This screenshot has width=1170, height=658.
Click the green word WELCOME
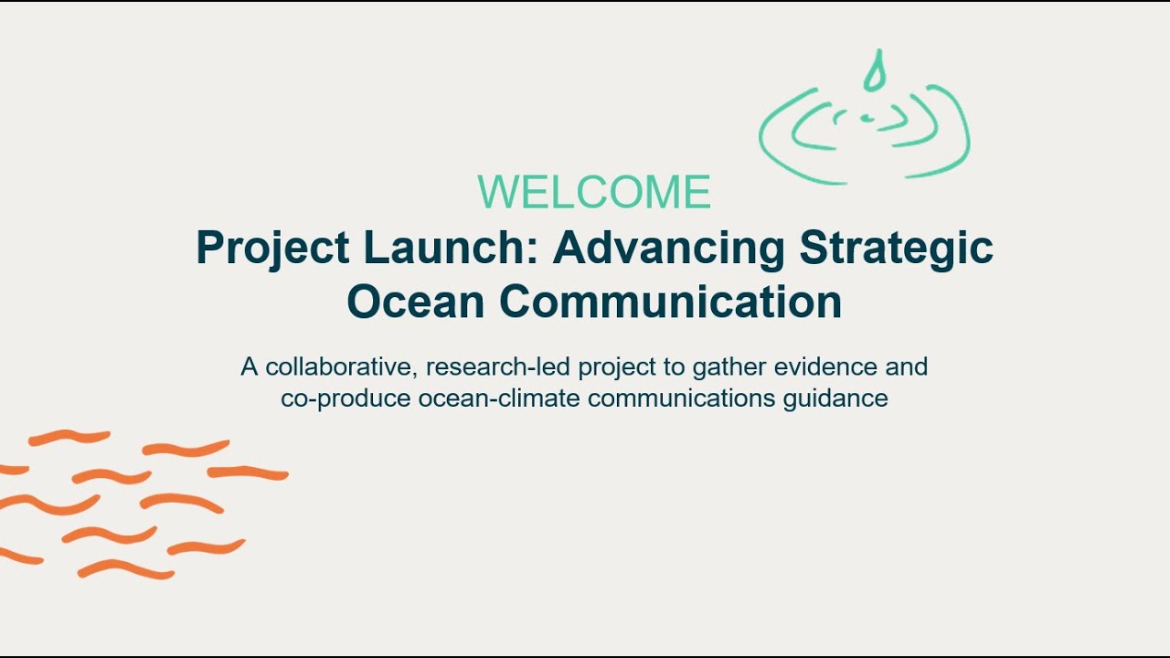pyautogui.click(x=594, y=193)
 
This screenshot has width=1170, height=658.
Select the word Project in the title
pyautogui.click(x=273, y=249)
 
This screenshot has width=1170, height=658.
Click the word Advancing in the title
pyautogui.click(x=669, y=249)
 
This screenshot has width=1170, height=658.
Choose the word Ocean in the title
pyautogui.click(x=416, y=302)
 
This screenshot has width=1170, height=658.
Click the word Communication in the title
pyautogui.click(x=668, y=302)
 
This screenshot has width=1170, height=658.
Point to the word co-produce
pyautogui.click(x=346, y=399)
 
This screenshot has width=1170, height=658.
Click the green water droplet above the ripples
pyautogui.click(x=876, y=72)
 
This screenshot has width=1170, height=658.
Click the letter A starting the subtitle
pyautogui.click(x=249, y=367)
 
